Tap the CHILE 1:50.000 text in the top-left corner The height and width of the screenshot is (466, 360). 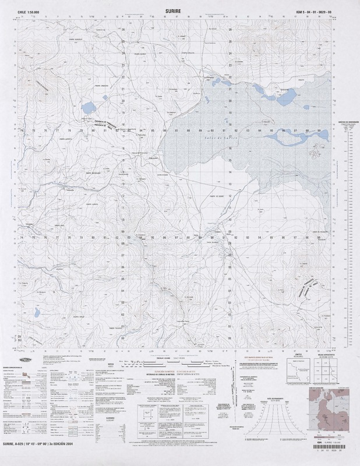29,10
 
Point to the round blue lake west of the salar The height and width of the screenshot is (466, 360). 89,108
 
